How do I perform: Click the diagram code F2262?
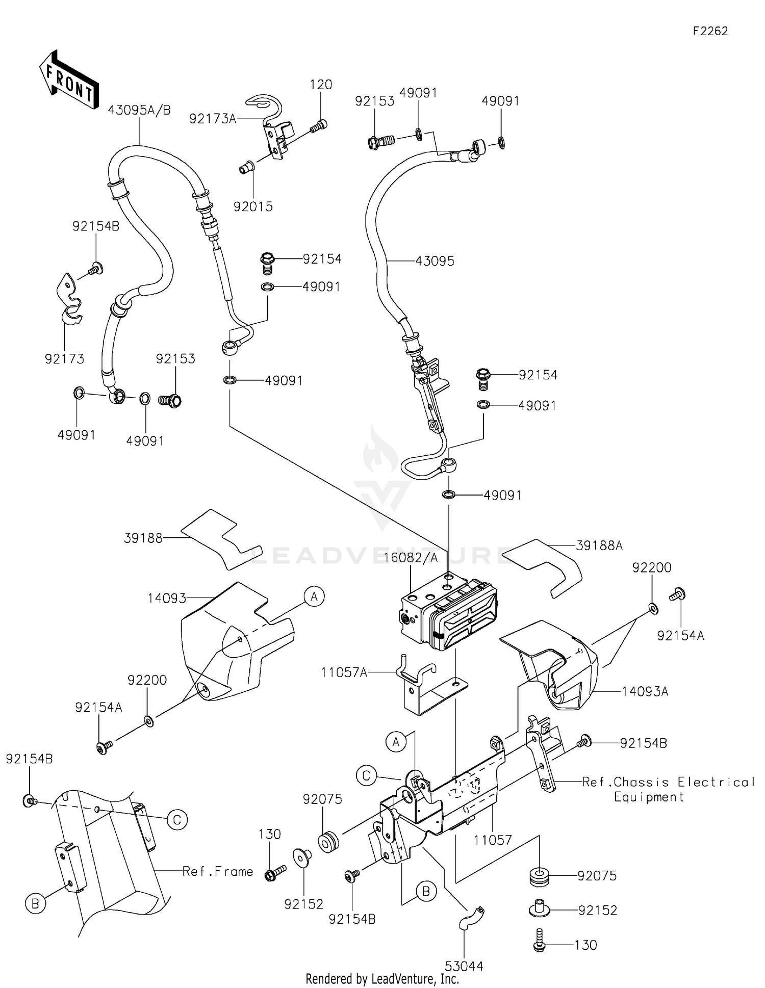pyautogui.click(x=710, y=31)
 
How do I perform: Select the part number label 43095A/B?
pyautogui.click(x=139, y=110)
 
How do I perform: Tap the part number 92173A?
pyautogui.click(x=213, y=119)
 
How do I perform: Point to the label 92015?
pyautogui.click(x=253, y=206)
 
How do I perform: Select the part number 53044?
pyautogui.click(x=464, y=966)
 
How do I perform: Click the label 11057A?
pyautogui.click(x=344, y=672)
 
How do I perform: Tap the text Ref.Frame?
pyautogui.click(x=218, y=871)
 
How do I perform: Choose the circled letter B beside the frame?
pyautogui.click(x=35, y=904)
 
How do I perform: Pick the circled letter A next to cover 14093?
pyautogui.click(x=314, y=596)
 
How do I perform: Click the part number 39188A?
pyautogui.click(x=599, y=545)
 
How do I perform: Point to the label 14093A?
pyautogui.click(x=645, y=691)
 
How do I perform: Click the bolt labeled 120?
pyautogui.click(x=321, y=124)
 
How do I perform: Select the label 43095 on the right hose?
pyautogui.click(x=435, y=261)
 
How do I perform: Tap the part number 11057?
pyautogui.click(x=493, y=840)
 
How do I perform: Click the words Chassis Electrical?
pyautogui.click(x=683, y=782)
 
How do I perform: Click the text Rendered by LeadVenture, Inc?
pyautogui.click(x=382, y=979)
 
